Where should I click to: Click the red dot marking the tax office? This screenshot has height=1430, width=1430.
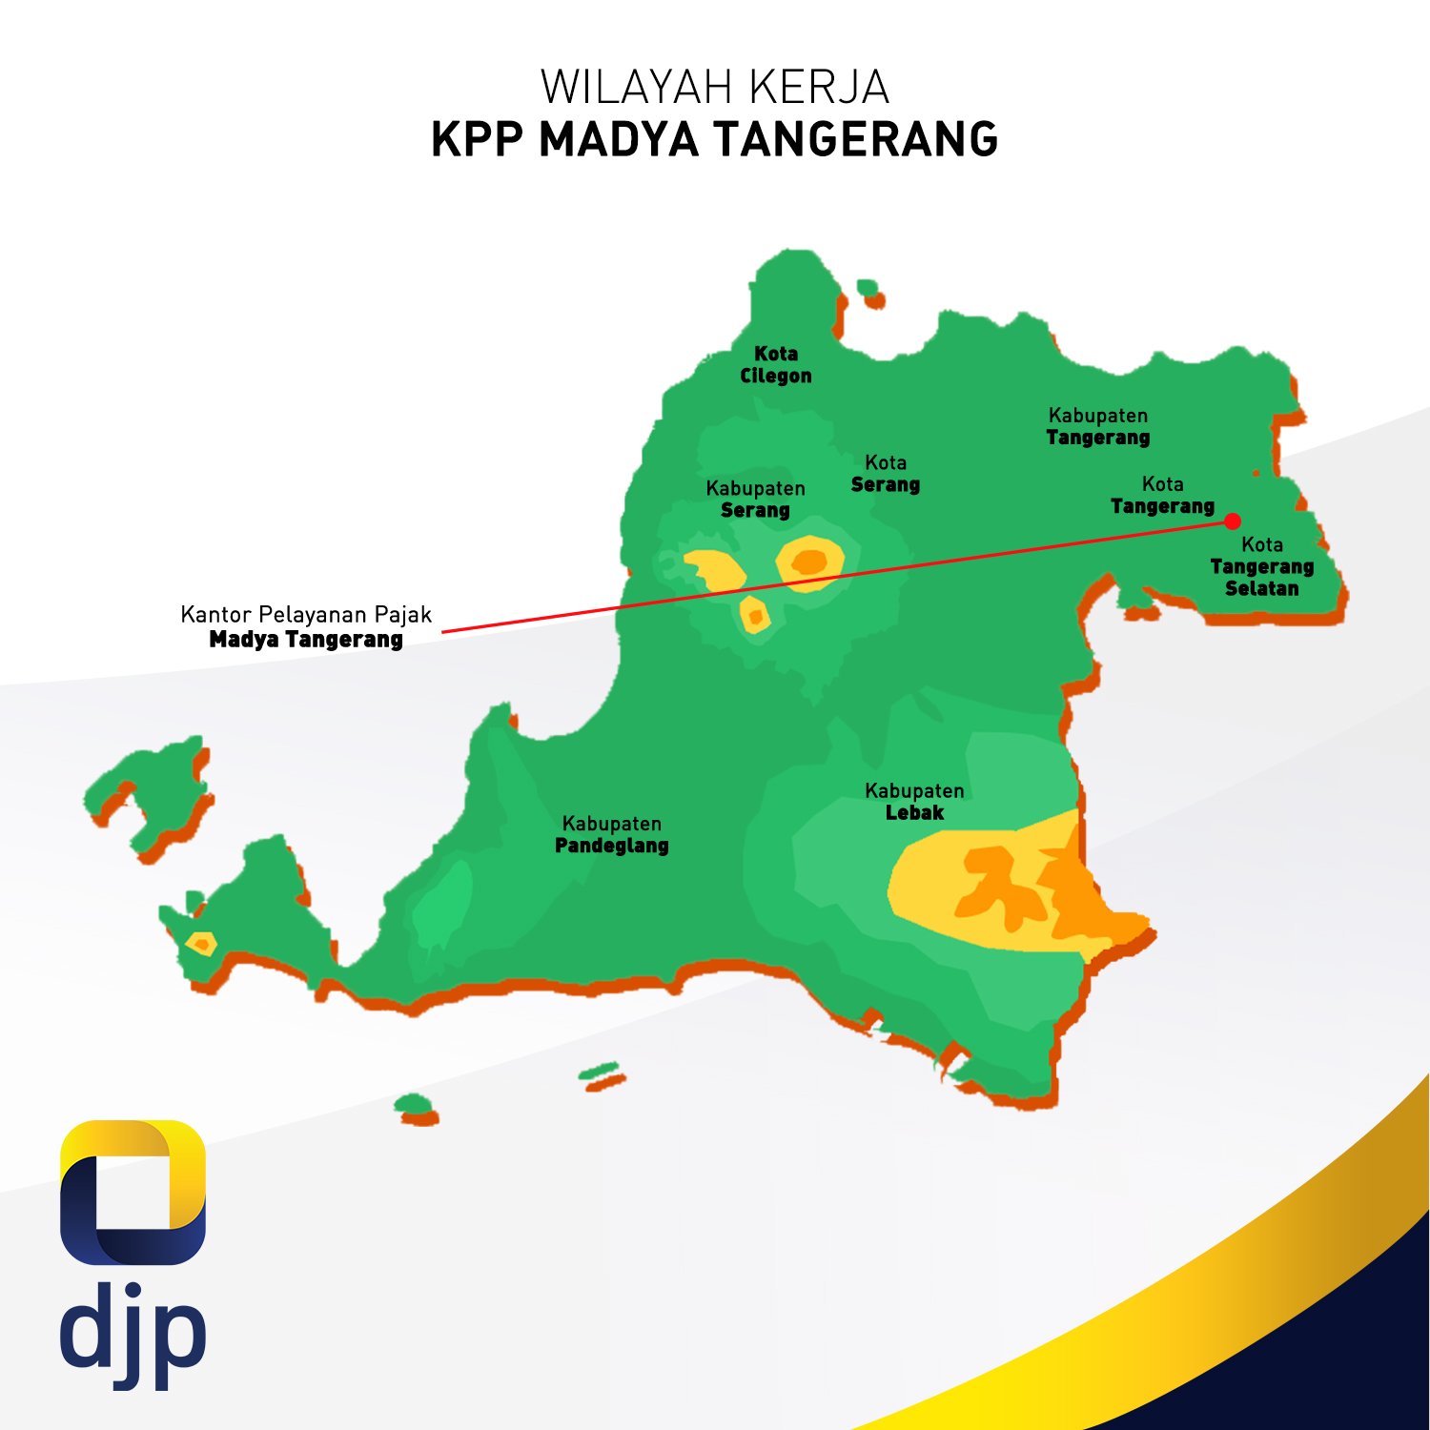[1233, 521]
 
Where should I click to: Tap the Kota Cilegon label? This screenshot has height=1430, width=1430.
[776, 365]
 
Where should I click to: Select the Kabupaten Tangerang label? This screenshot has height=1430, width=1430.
[1098, 427]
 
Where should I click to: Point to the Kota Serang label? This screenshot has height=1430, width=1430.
[886, 474]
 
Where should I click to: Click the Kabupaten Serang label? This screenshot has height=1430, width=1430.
[755, 500]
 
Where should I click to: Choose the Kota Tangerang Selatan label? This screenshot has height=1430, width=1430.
[1261, 567]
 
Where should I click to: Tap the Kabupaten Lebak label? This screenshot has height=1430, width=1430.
[914, 802]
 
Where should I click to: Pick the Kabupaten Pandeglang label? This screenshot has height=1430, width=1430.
[612, 834]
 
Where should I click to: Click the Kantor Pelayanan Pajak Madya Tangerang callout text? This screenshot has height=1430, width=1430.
[306, 626]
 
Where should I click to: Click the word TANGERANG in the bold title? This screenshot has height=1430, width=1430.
[855, 139]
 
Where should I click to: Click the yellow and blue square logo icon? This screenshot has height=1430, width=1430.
[133, 1192]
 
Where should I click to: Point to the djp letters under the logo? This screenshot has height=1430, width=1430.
[133, 1330]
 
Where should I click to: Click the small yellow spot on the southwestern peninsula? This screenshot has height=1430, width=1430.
[201, 945]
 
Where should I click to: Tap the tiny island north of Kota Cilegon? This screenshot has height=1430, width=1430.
[868, 288]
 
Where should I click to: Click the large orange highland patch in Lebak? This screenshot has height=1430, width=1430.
[1039, 887]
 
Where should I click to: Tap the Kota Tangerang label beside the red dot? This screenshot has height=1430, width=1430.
[1162, 496]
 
